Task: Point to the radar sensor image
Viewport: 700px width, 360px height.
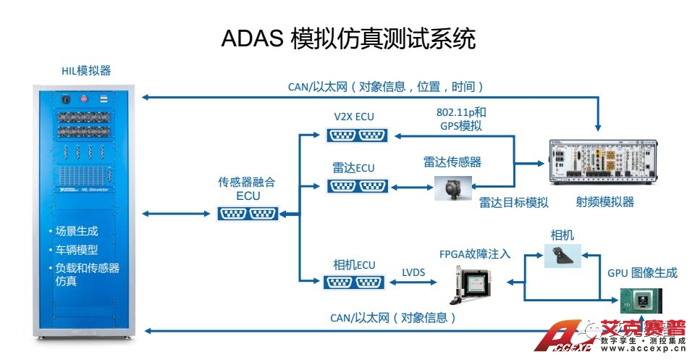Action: pos(452,188)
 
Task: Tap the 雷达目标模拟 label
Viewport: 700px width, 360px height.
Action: pos(513,202)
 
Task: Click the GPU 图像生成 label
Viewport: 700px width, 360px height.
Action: pos(642,272)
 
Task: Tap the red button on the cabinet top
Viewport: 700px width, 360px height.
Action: pos(83,98)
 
